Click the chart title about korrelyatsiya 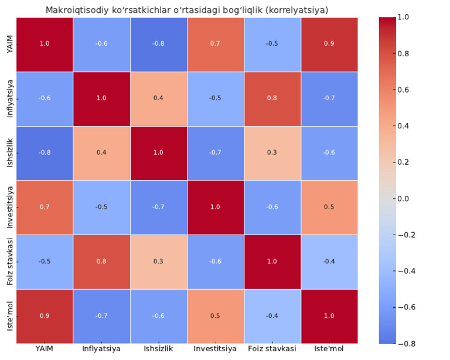[x=186, y=10]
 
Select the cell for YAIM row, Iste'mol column [x=329, y=44]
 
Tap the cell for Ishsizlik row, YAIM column [x=44, y=152]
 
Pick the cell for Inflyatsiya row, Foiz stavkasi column [x=272, y=98]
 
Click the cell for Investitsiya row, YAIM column [x=44, y=207]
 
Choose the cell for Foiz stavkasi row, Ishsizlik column [x=158, y=261]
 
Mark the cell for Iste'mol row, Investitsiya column [x=215, y=316]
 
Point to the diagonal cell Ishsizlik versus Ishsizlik [x=158, y=152]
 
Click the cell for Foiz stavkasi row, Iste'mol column [x=329, y=261]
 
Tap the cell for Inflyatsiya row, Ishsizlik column [x=158, y=98]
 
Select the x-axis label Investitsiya [x=215, y=349]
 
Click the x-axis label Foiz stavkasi [x=272, y=349]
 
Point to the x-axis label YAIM [x=44, y=349]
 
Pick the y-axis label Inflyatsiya [x=10, y=98]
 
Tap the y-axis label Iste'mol [x=10, y=316]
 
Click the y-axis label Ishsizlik [x=10, y=152]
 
